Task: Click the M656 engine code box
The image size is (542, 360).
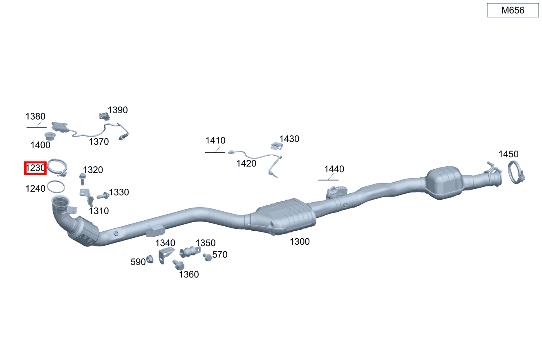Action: [x=513, y=10]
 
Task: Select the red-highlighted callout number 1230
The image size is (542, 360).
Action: [x=35, y=168]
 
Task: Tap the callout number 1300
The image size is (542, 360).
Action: [x=300, y=241]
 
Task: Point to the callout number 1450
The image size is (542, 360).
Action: [x=508, y=154]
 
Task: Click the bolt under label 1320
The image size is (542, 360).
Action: [x=83, y=179]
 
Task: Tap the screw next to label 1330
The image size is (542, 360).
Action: [x=103, y=196]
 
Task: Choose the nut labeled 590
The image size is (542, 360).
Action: [x=150, y=259]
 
